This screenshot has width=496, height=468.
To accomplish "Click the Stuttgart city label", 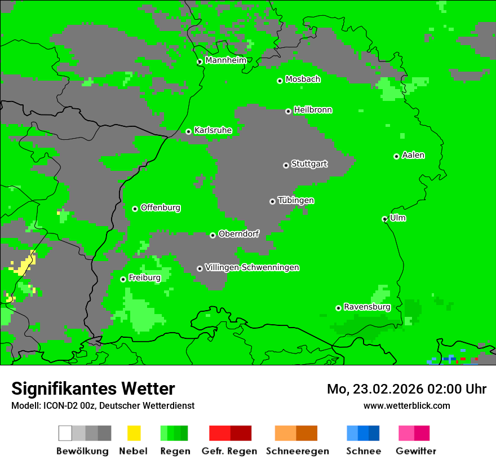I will click(x=309, y=164).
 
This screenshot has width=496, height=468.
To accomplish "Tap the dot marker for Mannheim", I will click(x=200, y=62).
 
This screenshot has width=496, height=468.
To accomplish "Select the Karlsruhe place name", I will click(x=212, y=130).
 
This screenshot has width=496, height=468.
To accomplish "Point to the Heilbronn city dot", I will click(x=288, y=111).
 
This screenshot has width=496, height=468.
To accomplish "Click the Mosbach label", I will click(x=303, y=80).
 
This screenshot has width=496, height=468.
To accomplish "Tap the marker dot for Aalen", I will click(x=396, y=156).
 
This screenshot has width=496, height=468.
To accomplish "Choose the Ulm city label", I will click(x=398, y=218).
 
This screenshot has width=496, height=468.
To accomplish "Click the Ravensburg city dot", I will click(x=338, y=308).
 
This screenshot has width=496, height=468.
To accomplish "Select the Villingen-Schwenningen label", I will click(x=252, y=267).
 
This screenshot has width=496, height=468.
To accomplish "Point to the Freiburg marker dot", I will click(x=123, y=279).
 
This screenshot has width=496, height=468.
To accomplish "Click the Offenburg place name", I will click(x=160, y=207).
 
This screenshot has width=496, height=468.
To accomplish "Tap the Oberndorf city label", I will click(x=238, y=234).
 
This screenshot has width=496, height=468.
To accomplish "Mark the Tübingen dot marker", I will click(x=272, y=201).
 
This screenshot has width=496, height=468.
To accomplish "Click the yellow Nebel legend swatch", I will click(x=134, y=433).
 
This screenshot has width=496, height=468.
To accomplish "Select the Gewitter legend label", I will click(x=415, y=451).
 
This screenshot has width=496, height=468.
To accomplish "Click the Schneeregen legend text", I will click(x=297, y=451).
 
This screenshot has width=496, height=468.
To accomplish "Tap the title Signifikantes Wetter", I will click(x=93, y=388).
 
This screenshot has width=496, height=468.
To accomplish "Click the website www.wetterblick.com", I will click(x=406, y=405).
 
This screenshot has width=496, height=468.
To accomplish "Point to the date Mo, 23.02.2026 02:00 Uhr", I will click(x=406, y=389).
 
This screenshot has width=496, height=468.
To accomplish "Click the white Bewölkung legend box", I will click(x=65, y=433).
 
